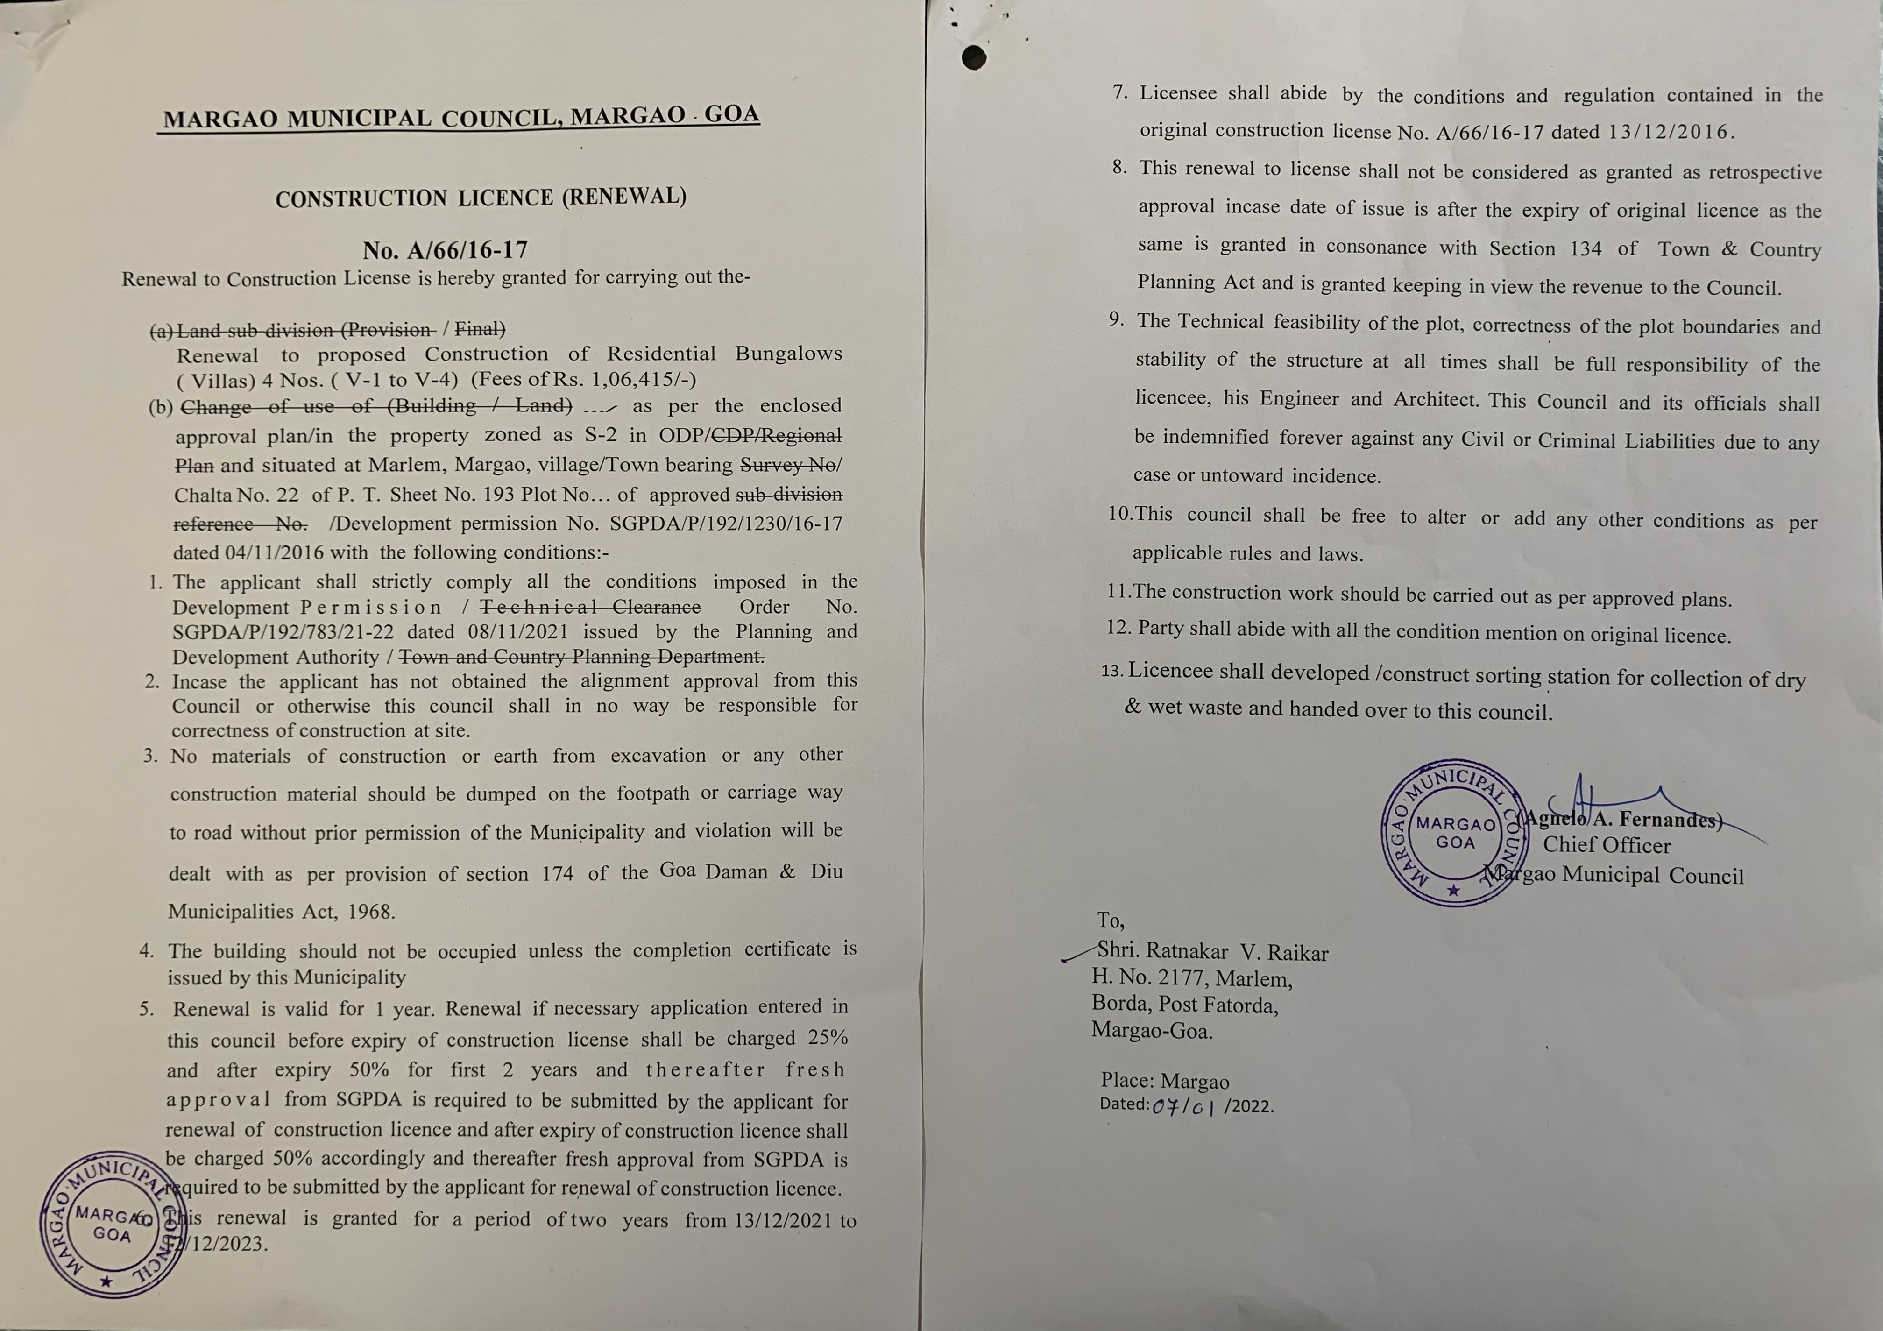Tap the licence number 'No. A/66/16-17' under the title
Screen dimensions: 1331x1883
[x=446, y=249]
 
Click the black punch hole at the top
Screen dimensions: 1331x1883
[x=973, y=57]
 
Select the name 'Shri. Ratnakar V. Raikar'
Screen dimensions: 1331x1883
[x=1212, y=951]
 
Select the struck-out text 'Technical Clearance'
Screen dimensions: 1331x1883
[x=590, y=607]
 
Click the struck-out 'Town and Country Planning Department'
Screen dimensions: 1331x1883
[x=581, y=657]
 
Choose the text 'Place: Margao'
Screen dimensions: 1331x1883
[x=1165, y=1081]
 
